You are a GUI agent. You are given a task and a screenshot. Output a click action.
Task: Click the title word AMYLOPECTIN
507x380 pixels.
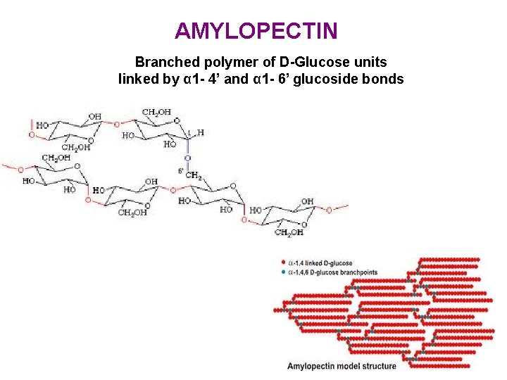click(256, 31)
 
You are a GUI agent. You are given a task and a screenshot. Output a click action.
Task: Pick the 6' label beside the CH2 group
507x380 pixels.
click(181, 171)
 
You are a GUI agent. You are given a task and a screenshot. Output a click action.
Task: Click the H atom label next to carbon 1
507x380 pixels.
click(201, 132)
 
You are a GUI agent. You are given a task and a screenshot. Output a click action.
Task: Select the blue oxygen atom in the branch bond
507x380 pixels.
click(188, 158)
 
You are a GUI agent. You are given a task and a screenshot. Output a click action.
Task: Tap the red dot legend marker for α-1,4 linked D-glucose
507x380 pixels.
click(283, 262)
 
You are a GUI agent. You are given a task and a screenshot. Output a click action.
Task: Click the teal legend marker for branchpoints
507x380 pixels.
click(283, 272)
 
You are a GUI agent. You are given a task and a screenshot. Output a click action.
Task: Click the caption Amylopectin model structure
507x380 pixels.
click(342, 366)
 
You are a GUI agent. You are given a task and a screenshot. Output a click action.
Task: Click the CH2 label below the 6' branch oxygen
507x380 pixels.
click(194, 175)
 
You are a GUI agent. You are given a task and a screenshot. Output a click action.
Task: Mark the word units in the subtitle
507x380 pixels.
click(370, 63)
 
